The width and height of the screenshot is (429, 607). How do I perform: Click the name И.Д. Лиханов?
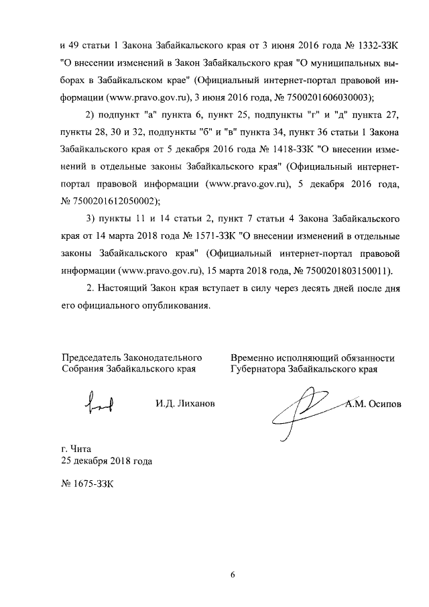(185, 402)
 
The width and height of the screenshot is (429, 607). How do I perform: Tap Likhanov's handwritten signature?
(98, 403)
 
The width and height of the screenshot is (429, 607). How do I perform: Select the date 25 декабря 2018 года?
(106, 461)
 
